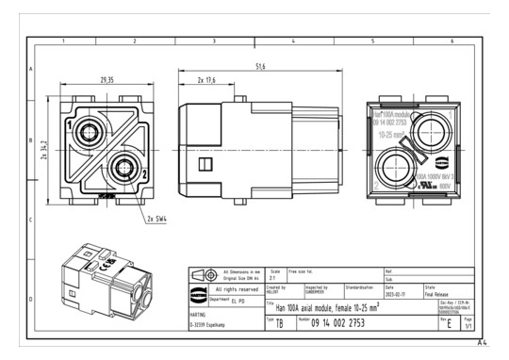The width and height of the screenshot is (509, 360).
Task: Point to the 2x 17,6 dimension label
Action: tap(202, 82)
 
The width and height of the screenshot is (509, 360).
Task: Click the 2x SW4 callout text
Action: tap(156, 219)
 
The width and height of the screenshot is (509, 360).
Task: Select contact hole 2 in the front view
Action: tap(120, 170)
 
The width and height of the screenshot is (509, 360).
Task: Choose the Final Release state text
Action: tap(443, 292)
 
